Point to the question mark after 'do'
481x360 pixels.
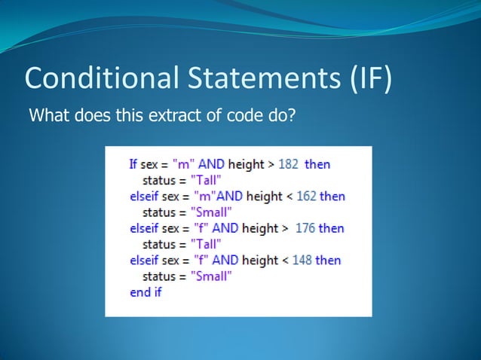coord(290,117)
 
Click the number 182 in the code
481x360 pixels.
coord(289,163)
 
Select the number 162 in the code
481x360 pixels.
coord(306,196)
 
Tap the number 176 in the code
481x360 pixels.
coord(305,228)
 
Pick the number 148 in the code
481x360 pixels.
coord(302,260)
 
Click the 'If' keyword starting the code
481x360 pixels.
coord(133,163)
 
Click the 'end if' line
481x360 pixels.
coord(146,292)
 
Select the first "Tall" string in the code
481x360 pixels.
coord(206,180)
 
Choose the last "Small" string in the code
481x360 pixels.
coord(210,276)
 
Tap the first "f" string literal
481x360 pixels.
coord(200,228)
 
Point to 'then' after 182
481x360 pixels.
coord(317,163)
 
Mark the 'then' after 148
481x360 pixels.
coord(328,260)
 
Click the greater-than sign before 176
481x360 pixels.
coord(283,228)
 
